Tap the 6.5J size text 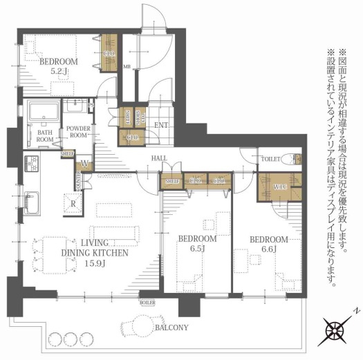(198, 249)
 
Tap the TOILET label (270, 158)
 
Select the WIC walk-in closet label (280, 187)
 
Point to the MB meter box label (127, 66)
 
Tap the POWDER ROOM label (77, 132)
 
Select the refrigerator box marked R (73, 204)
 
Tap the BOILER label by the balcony (147, 302)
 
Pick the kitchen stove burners (31, 164)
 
